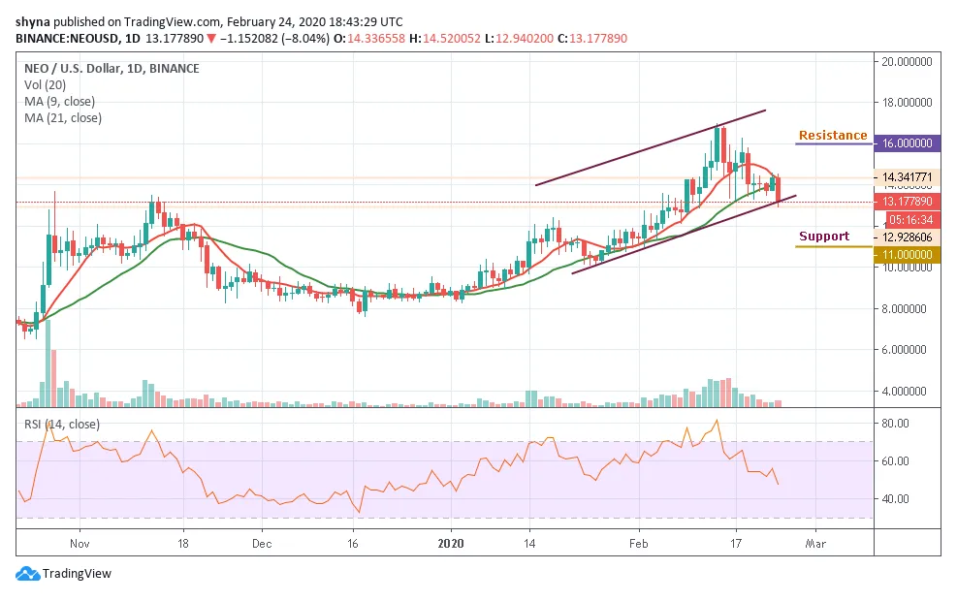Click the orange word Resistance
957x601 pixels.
[832, 136]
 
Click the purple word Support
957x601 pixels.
[823, 237]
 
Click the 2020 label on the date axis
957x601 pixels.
[451, 545]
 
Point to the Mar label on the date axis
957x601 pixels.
[816, 545]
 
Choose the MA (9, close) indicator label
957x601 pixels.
[64, 102]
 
